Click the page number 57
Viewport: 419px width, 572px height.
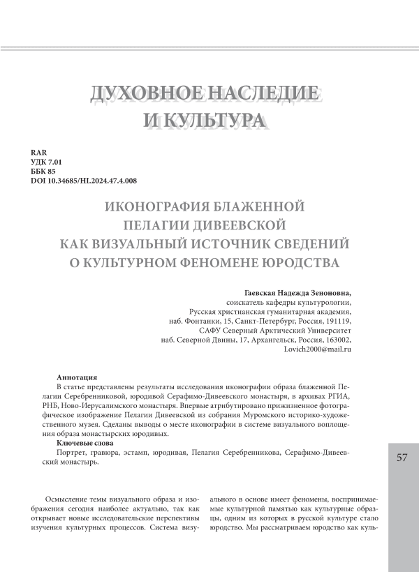coord(402,458)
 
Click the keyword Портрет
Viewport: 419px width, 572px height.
coord(71,453)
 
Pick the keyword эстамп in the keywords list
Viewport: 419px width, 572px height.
coord(145,453)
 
